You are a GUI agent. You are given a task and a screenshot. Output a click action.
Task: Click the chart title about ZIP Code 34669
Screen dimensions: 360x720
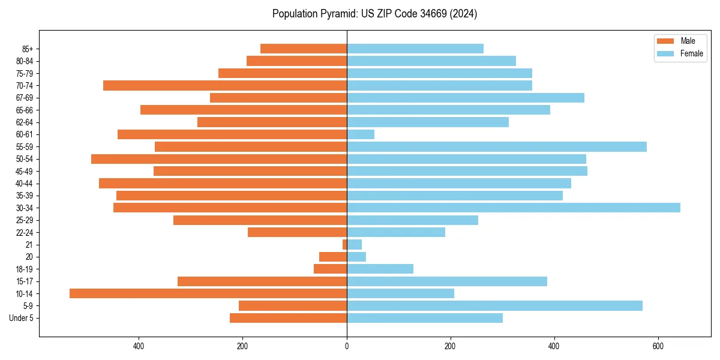[x=374, y=14]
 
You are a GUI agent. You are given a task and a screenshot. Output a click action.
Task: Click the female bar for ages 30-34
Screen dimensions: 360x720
[x=513, y=208]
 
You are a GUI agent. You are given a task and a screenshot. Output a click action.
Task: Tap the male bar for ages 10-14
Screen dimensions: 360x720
[x=208, y=293]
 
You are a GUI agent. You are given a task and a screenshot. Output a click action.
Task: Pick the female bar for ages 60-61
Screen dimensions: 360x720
[x=361, y=134]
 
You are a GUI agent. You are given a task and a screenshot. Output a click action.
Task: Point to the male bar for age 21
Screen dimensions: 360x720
[x=345, y=244]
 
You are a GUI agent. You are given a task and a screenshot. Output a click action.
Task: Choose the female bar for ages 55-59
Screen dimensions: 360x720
[x=496, y=146]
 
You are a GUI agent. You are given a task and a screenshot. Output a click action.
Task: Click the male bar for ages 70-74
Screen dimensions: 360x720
[x=225, y=85]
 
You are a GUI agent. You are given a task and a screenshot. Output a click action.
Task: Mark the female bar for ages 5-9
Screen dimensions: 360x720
[x=494, y=305]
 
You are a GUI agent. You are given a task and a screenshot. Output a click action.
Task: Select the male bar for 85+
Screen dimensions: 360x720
[x=304, y=49]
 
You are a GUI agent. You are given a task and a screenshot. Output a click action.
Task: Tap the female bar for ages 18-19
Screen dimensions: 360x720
[x=380, y=269]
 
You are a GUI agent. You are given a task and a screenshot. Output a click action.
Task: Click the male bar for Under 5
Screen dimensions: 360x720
[x=288, y=318]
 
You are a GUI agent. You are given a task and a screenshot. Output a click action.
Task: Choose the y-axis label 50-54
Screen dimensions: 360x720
[x=24, y=159]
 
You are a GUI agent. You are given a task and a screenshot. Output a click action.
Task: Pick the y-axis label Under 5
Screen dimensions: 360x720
[x=21, y=318]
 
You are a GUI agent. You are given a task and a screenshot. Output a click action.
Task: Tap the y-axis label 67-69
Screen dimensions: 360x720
[x=24, y=98]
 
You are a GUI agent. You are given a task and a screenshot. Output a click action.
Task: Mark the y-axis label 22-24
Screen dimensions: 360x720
[x=24, y=232]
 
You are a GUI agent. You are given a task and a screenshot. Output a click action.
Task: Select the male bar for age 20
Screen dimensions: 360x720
[x=333, y=257]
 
